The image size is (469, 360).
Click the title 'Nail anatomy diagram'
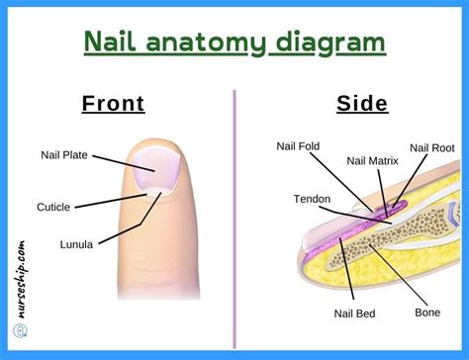click(x=234, y=44)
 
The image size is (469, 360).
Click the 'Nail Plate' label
click(x=63, y=154)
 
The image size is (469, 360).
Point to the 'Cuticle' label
click(x=55, y=208)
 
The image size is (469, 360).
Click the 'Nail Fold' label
click(x=298, y=147)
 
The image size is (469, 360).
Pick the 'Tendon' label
click(x=312, y=199)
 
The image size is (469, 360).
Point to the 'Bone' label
click(x=427, y=313)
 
